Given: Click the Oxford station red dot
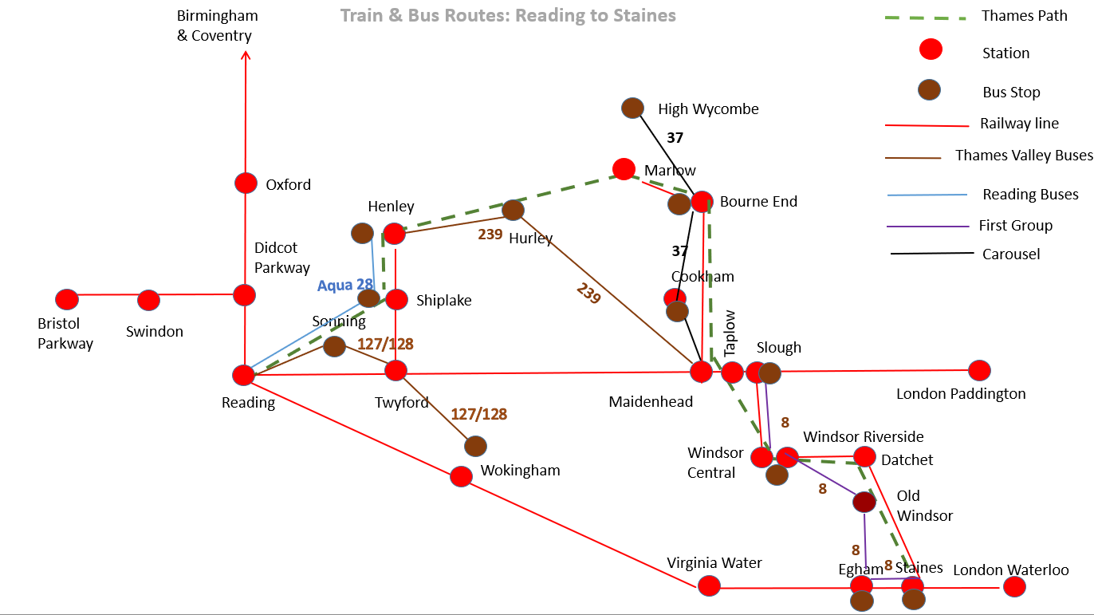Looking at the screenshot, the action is (x=246, y=183).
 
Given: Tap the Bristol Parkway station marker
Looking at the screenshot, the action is (x=67, y=299).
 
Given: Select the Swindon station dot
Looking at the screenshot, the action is (x=148, y=300).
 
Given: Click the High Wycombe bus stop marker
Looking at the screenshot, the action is (x=632, y=108).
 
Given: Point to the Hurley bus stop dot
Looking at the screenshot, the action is (x=513, y=210).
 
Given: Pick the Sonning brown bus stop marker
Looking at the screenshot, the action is (x=335, y=346).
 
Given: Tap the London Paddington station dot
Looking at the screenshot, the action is (x=979, y=370).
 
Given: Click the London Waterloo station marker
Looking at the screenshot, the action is (x=1014, y=586).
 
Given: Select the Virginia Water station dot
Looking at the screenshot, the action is (x=709, y=585).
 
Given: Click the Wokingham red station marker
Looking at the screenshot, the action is (x=461, y=476).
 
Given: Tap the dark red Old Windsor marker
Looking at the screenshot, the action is (x=864, y=503).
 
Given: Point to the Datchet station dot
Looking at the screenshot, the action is (x=864, y=457).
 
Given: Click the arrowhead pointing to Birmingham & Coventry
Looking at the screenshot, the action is (x=246, y=55).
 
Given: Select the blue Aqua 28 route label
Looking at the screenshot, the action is (x=345, y=285).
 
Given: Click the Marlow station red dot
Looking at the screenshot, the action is (x=624, y=169).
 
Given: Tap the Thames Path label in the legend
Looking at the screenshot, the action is (x=1024, y=16).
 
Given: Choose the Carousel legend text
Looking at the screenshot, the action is (x=1011, y=254).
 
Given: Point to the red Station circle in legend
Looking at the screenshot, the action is (x=931, y=49).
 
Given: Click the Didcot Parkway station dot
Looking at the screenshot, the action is (x=244, y=295).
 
